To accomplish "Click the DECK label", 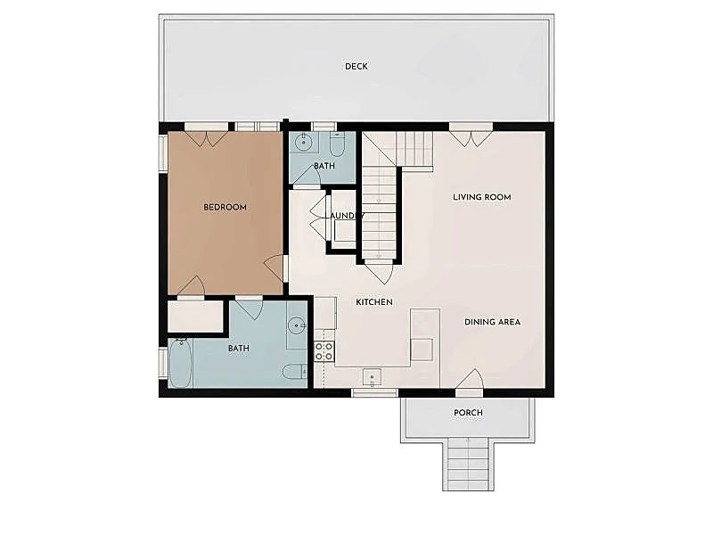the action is [356, 66].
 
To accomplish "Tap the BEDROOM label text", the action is [225, 208].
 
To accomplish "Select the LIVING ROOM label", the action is [481, 197].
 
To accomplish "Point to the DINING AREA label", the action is [492, 322].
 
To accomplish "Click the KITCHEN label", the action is [373, 302].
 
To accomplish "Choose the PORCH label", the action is [468, 413].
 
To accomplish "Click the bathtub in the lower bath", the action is [180, 363].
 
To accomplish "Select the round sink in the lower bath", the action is [297, 325].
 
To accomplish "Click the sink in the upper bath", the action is [303, 143].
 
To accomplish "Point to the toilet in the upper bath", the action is [337, 144].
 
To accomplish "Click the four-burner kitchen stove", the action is [324, 351].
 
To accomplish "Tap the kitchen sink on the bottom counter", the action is [372, 377].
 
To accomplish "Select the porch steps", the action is [468, 463].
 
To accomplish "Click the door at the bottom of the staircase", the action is [379, 272].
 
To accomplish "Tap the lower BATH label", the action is [238, 349].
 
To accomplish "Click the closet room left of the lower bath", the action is [195, 316].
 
